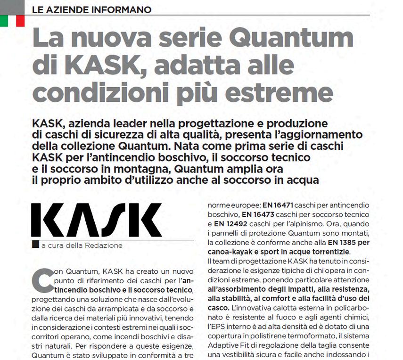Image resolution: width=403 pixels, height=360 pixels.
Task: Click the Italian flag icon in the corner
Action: [x=12, y=20]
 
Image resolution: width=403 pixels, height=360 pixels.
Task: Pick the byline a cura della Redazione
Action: [x=82, y=245]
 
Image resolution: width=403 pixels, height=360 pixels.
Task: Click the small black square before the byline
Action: [x=35, y=245]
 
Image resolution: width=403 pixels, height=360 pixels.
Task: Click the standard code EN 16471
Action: [x=277, y=205]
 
